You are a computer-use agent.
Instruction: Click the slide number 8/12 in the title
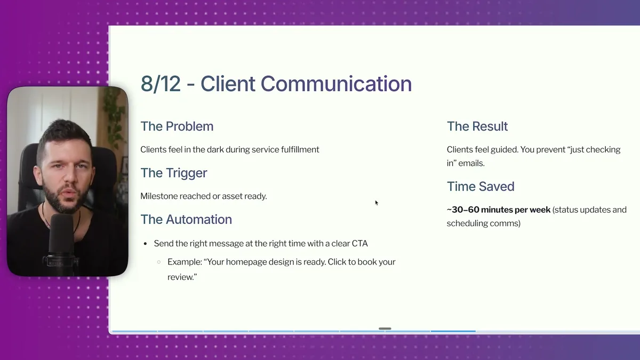(161, 84)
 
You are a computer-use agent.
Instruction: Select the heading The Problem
(177, 126)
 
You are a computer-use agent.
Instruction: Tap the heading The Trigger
(173, 173)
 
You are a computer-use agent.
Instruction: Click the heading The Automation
(186, 219)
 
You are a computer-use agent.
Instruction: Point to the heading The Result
(477, 126)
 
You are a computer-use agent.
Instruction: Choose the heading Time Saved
(480, 187)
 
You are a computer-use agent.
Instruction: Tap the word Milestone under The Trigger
(159, 196)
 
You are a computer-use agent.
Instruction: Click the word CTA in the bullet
(359, 243)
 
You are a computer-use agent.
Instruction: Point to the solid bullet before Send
(145, 244)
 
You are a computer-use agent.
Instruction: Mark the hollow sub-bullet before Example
(159, 262)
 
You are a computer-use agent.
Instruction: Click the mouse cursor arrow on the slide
(377, 203)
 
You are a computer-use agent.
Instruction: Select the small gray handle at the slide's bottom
(385, 329)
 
